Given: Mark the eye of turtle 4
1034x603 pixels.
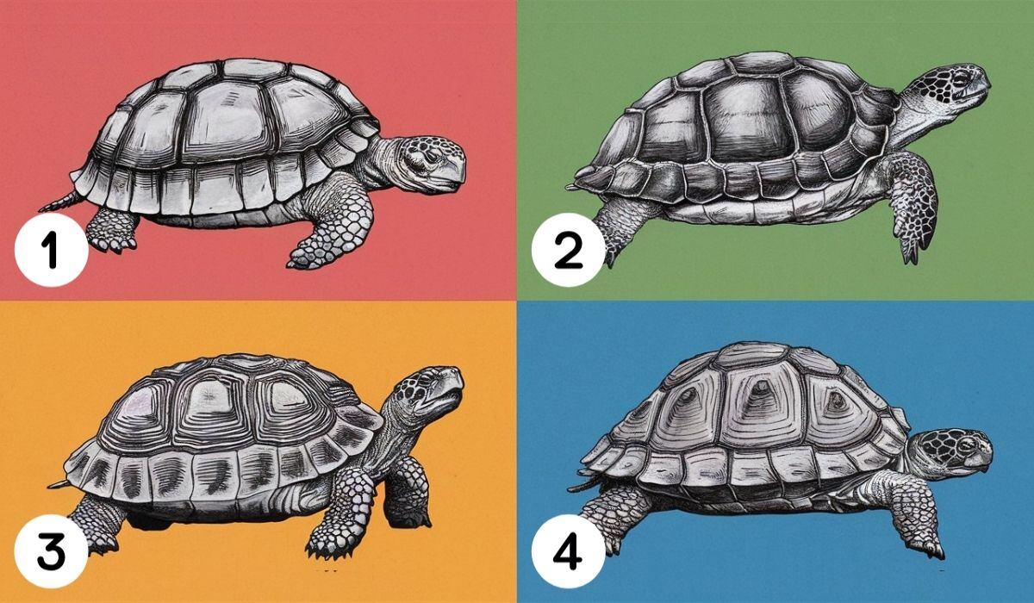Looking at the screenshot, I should (x=962, y=444).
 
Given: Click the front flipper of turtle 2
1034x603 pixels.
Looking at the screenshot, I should (x=912, y=202).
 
